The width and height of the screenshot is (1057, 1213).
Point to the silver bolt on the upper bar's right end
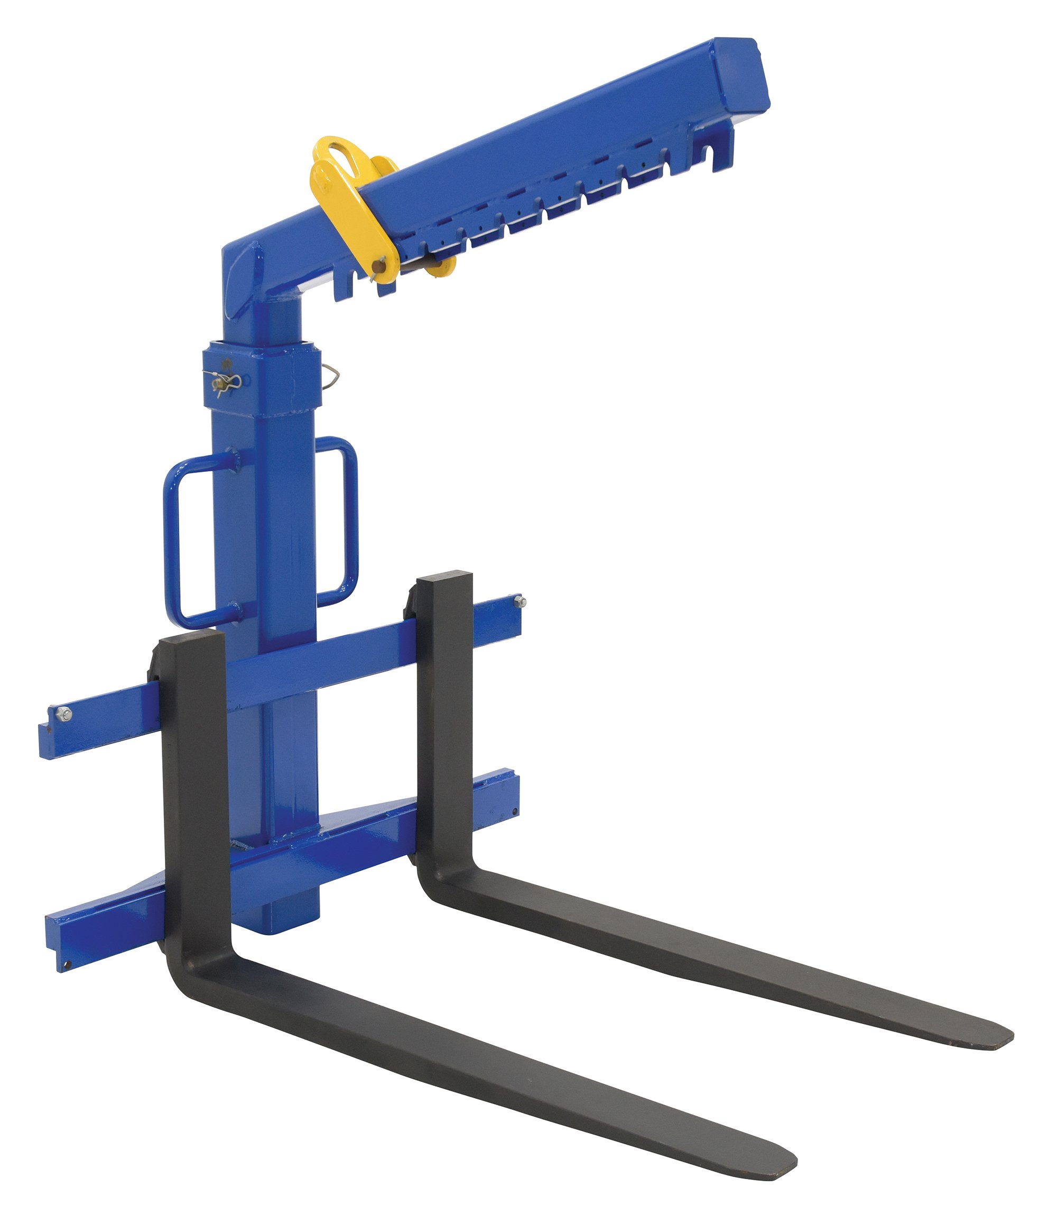(520, 601)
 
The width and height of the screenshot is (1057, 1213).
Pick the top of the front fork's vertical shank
(189, 637)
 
